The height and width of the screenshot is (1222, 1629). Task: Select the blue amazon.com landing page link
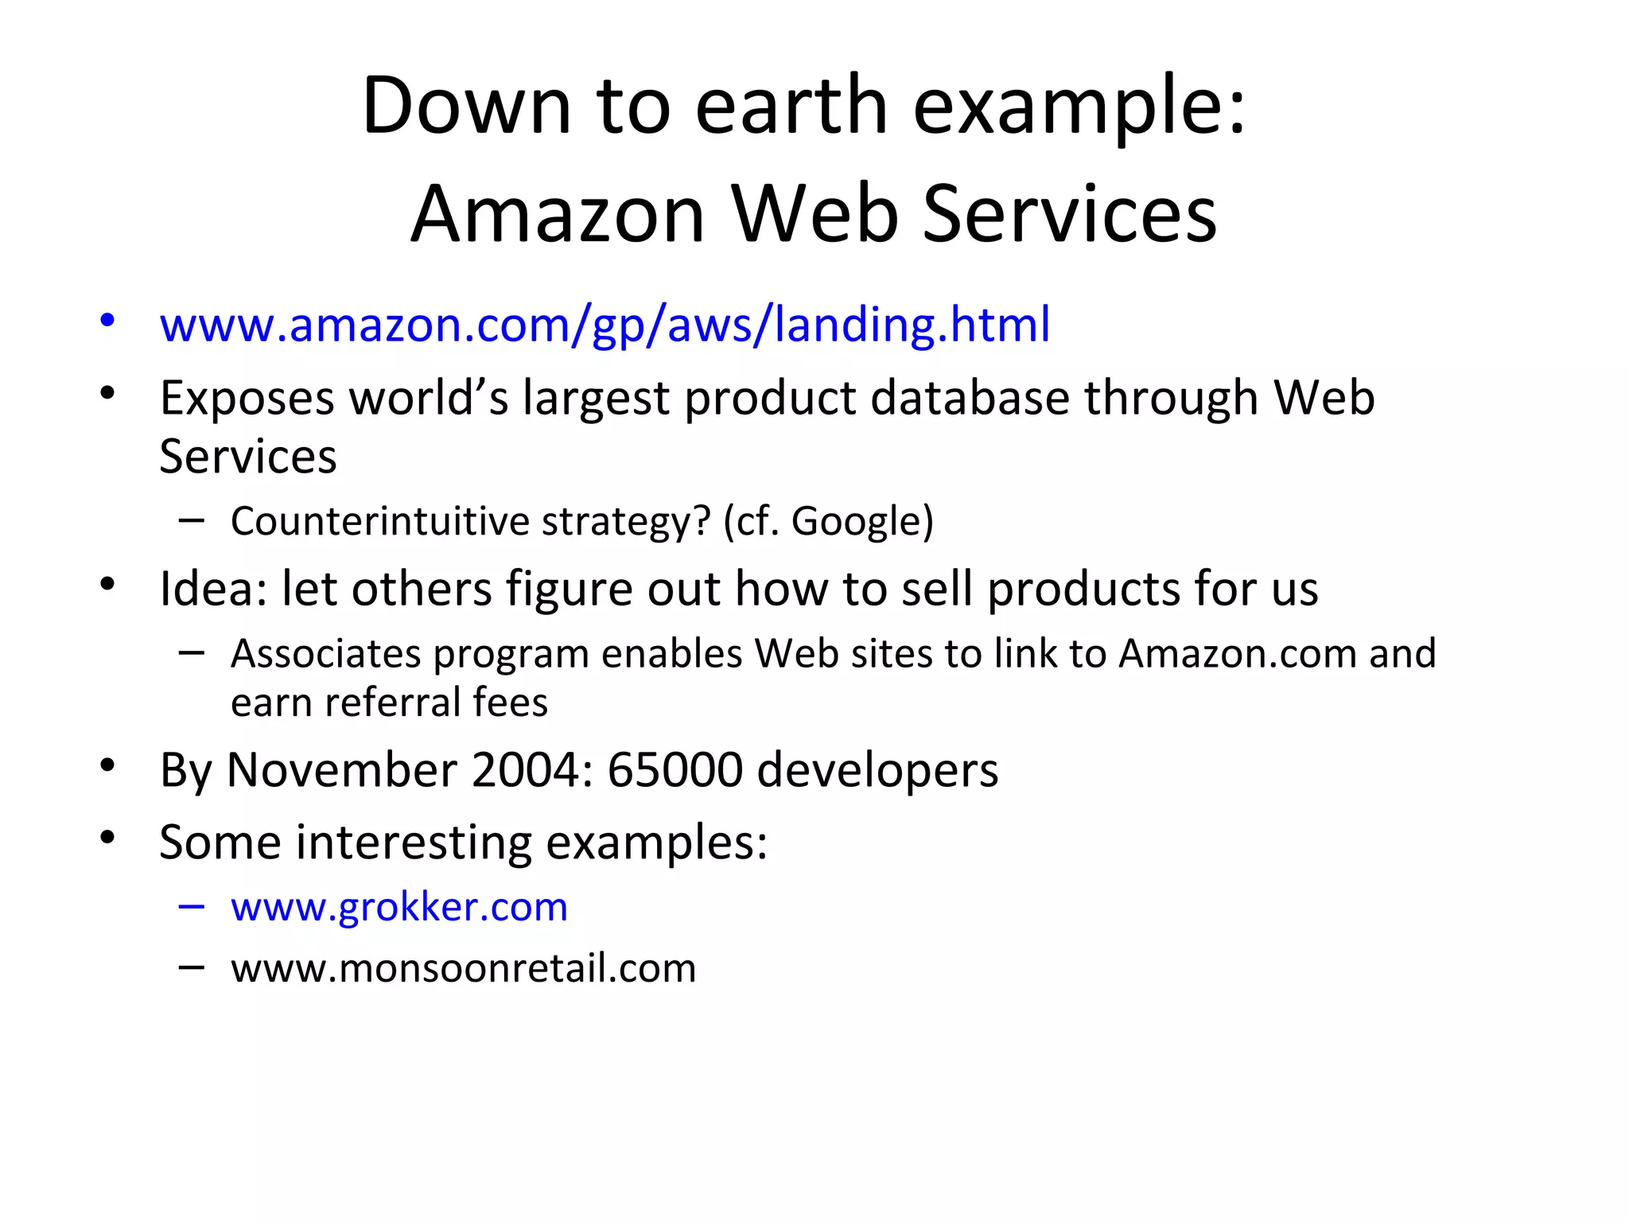click(605, 325)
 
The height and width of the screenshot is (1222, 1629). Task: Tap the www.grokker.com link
click(399, 907)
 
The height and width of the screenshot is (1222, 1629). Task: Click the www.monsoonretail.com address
click(463, 968)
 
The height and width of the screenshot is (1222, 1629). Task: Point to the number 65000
click(675, 770)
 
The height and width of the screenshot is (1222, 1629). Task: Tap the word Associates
click(325, 654)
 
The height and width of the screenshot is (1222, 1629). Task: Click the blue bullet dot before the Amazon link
click(108, 321)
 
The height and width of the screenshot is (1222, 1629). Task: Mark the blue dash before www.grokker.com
click(192, 906)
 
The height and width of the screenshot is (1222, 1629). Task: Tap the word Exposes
click(247, 398)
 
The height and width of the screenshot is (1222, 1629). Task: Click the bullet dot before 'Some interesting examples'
click(108, 838)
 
